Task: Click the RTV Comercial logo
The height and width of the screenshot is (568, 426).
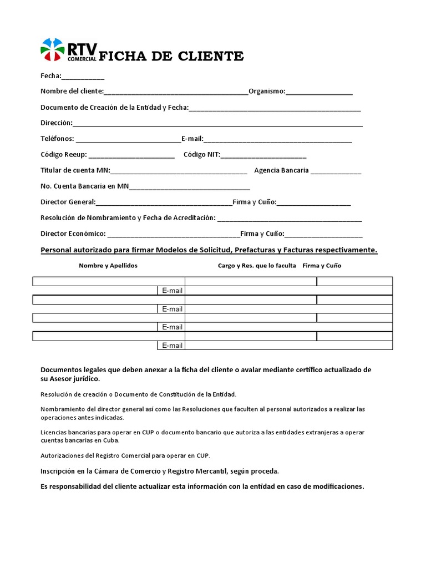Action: click(x=68, y=50)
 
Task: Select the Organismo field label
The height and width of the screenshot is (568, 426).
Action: click(x=267, y=91)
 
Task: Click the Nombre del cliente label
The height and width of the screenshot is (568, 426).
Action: click(x=72, y=91)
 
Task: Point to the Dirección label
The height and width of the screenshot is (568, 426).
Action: click(x=56, y=123)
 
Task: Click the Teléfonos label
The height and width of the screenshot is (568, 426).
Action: click(x=57, y=139)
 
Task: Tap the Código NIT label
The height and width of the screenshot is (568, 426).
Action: click(x=202, y=155)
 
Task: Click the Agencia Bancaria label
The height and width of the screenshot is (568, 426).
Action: click(x=281, y=170)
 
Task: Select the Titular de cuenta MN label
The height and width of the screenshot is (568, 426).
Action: click(x=75, y=170)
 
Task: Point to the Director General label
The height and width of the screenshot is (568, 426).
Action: click(x=68, y=202)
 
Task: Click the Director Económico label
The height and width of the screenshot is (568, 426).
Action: click(x=73, y=234)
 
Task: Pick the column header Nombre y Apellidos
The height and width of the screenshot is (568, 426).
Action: click(x=108, y=266)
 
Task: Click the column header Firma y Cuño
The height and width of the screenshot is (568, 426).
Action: click(x=322, y=266)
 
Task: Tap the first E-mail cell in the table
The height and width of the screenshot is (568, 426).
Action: click(x=172, y=291)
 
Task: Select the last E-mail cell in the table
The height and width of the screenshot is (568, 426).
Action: click(x=172, y=346)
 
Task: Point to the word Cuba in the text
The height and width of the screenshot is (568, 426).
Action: click(x=109, y=440)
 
